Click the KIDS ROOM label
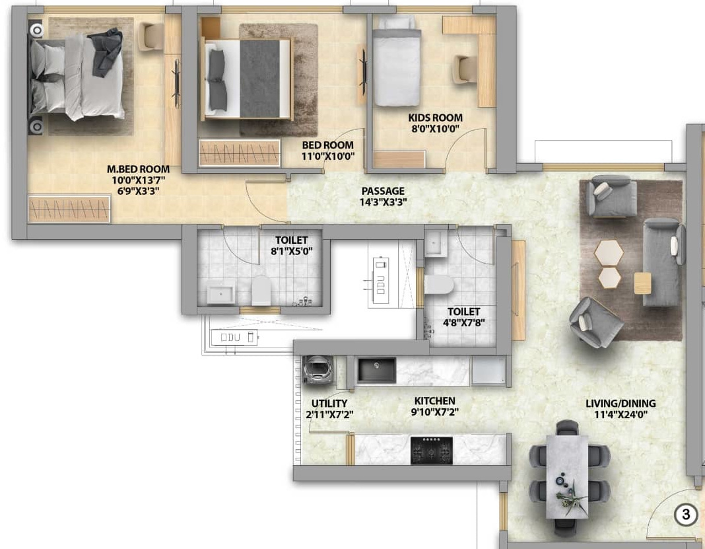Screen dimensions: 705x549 435,118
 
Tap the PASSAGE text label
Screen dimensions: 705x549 383,191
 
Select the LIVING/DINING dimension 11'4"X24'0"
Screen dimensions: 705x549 621,414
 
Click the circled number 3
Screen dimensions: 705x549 686,514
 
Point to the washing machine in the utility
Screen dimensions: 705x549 318,371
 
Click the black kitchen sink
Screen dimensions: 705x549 376,371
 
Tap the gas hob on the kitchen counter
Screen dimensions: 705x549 432,450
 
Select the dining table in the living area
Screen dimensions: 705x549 567,477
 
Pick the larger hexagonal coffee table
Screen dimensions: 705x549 609,253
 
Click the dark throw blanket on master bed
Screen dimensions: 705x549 108,52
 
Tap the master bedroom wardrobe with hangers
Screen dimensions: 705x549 69,209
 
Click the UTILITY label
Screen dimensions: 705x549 329,403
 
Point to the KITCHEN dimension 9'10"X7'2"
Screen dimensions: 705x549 435,412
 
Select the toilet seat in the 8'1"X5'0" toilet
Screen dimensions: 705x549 261,291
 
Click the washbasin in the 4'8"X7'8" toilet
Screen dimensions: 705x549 435,244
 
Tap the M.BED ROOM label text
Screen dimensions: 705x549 139,169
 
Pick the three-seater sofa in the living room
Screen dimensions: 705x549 661,262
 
